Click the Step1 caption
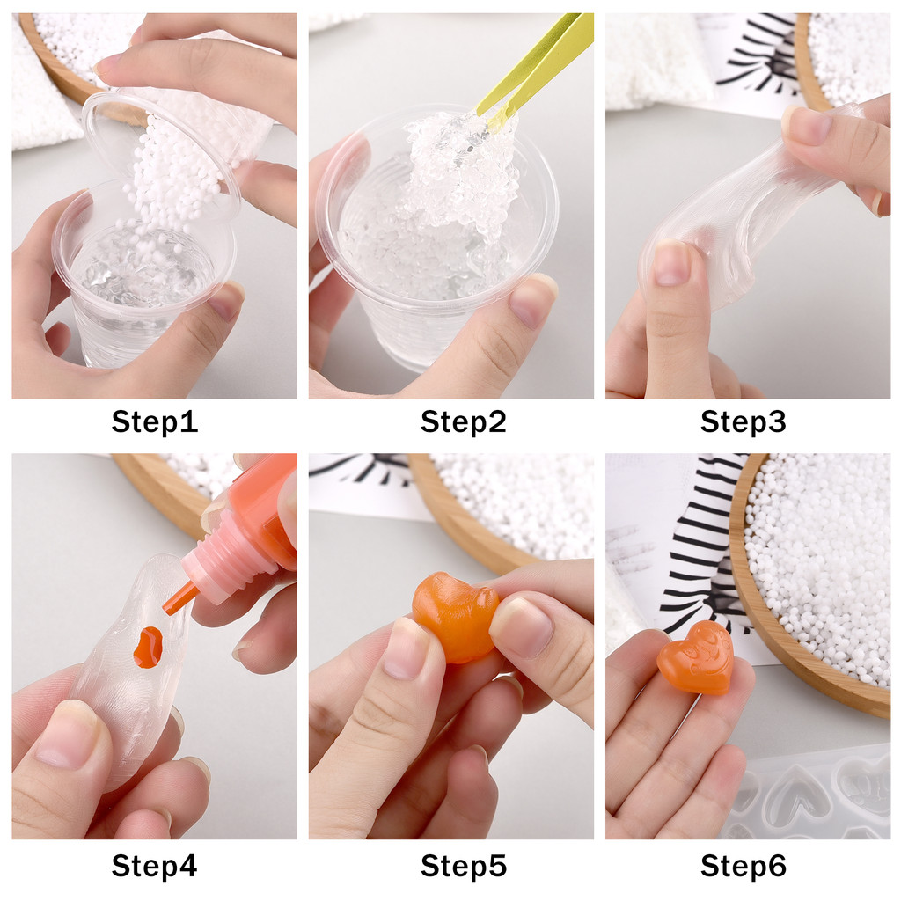point(155,421)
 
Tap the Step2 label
point(463,421)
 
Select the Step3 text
point(743,421)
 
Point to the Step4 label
point(154,866)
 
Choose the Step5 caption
point(463,866)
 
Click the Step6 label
point(743,866)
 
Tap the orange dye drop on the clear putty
point(148,647)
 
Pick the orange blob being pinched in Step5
point(455,616)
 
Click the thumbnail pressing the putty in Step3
point(671,263)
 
